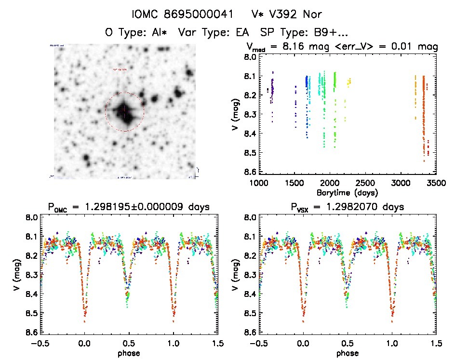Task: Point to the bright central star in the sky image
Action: pos(124,111)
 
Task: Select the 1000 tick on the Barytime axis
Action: pos(259,183)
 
